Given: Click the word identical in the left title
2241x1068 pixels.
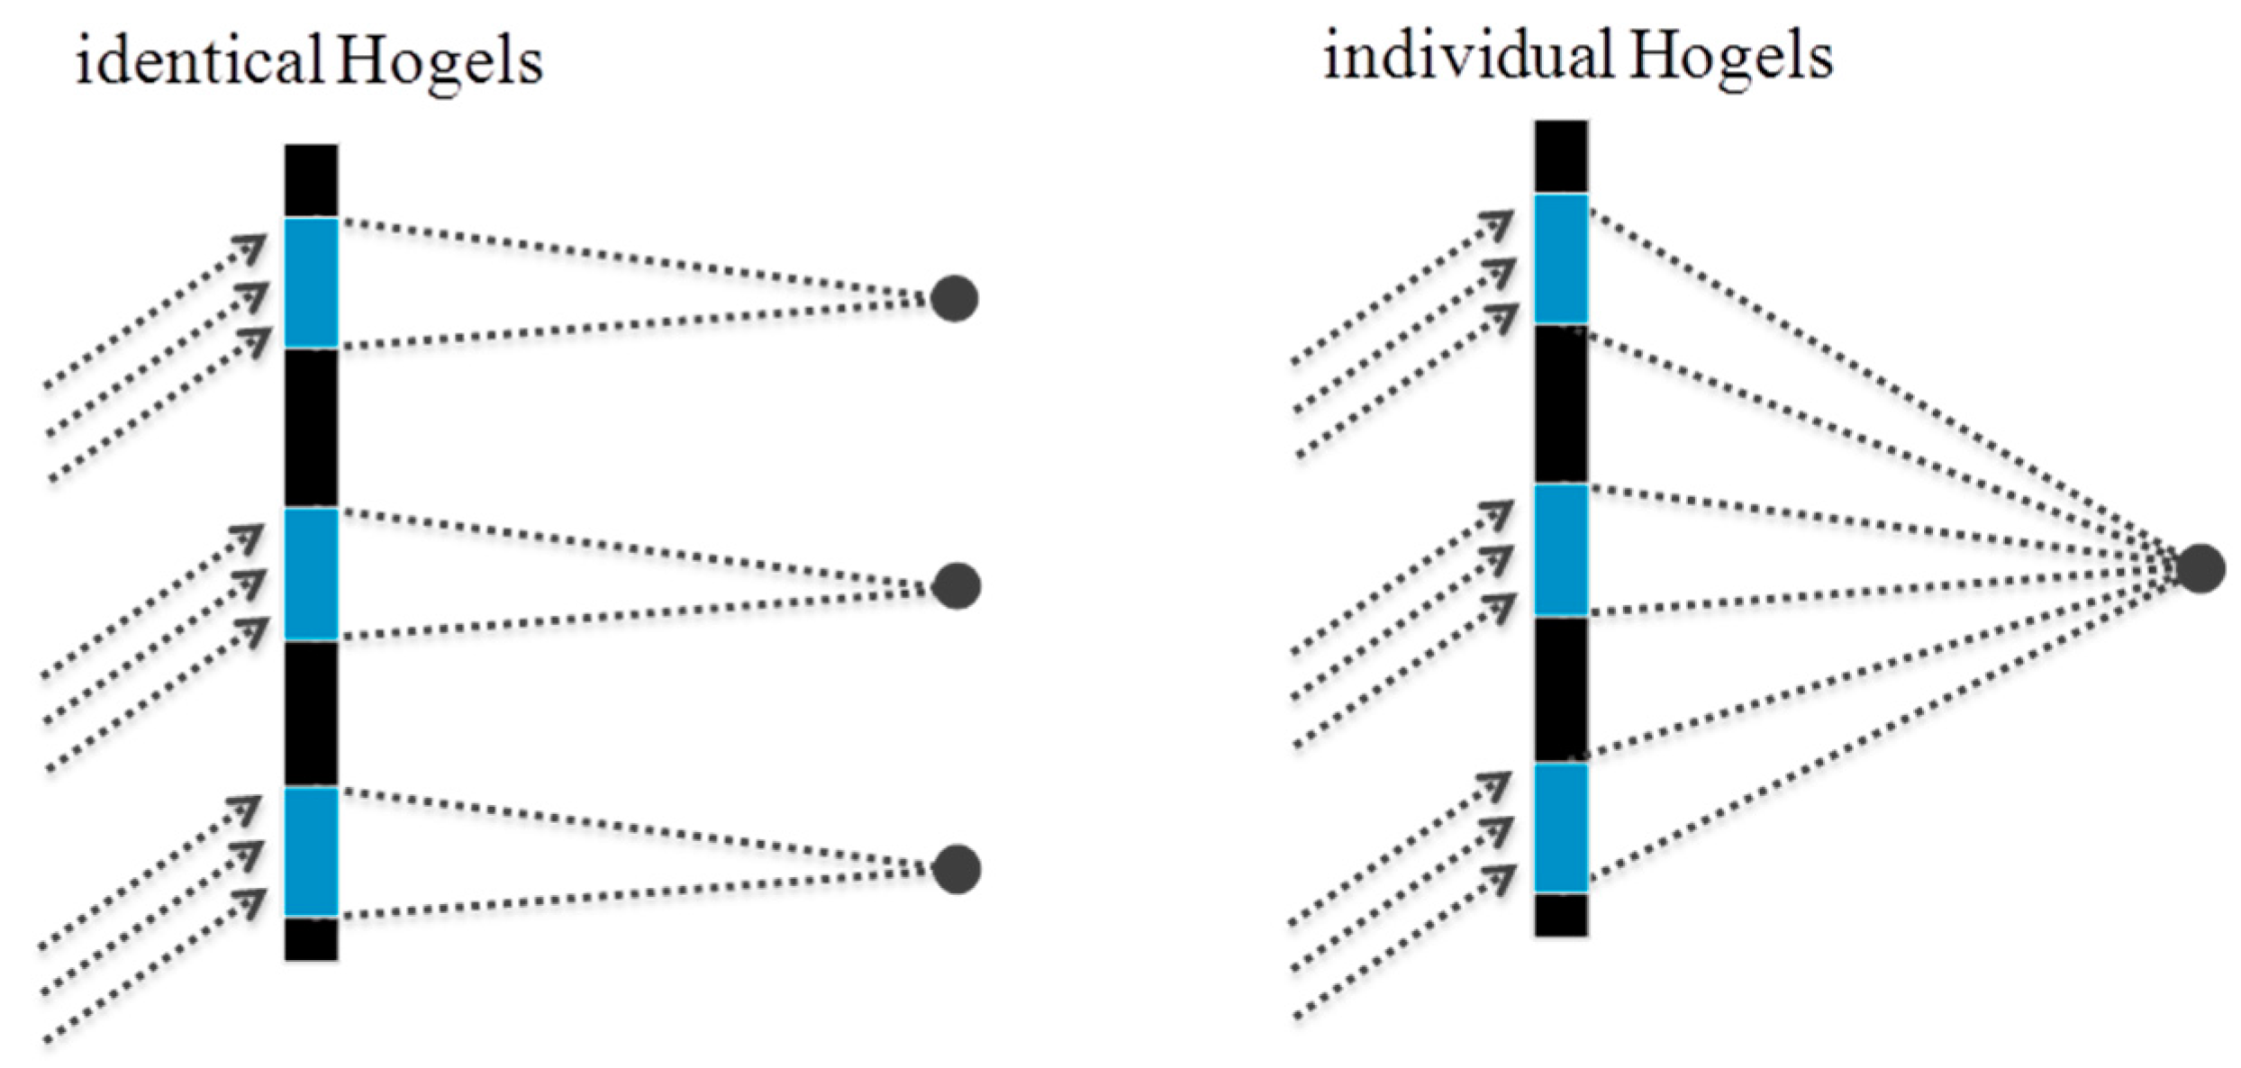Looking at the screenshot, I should click(198, 61).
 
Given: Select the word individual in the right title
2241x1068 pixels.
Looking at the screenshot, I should click(1467, 56).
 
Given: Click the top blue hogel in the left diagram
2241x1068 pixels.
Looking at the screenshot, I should click(312, 283).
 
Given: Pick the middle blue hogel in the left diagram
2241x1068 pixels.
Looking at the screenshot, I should click(312, 574).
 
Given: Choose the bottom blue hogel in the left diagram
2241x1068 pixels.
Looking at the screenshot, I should click(312, 851).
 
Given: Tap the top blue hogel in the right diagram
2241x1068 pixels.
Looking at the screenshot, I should click(1561, 258).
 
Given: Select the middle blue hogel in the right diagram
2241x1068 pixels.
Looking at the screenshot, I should click(1561, 550).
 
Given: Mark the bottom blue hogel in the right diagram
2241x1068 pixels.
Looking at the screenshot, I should click(1561, 828).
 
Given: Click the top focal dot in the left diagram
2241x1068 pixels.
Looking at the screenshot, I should click(954, 298).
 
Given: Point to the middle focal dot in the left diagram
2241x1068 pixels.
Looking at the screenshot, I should click(956, 586).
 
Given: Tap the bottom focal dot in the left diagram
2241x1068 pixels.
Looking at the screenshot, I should click(956, 869).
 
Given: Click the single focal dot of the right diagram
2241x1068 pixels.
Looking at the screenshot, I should click(2200, 568).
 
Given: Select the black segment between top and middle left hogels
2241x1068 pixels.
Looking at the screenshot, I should click(312, 428).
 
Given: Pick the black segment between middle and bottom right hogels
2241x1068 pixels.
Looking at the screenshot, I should click(1561, 690).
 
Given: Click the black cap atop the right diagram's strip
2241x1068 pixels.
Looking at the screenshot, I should click(1561, 157).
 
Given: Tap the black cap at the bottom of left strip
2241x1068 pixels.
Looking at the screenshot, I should click(312, 938).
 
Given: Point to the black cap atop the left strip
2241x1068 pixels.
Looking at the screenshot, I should click(312, 180).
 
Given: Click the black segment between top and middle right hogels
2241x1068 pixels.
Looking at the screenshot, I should click(1561, 403).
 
